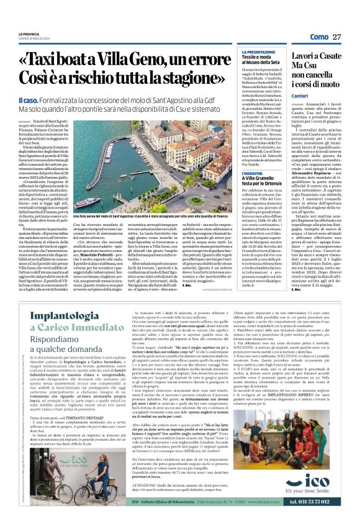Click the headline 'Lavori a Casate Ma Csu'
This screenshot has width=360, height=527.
(x=314, y=65)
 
